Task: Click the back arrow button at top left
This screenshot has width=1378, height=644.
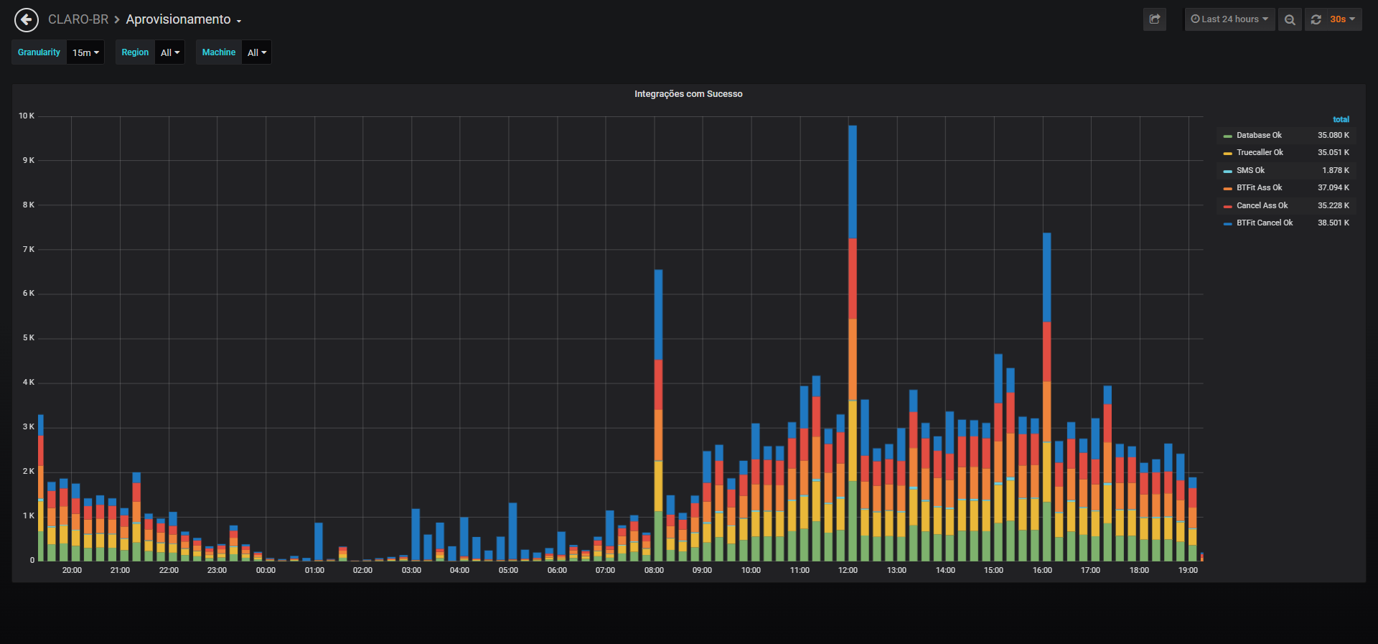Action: click(x=27, y=20)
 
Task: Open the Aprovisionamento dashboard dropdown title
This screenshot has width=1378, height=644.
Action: click(x=183, y=19)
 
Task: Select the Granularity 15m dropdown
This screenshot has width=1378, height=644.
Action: click(x=85, y=52)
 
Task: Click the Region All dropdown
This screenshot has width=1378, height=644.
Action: click(x=170, y=52)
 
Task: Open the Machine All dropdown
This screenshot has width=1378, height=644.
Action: click(x=256, y=52)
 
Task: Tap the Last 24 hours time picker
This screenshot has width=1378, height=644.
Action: click(x=1229, y=19)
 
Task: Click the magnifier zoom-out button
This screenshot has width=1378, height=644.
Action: click(x=1290, y=19)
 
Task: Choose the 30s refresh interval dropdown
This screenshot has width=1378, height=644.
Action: click(x=1341, y=19)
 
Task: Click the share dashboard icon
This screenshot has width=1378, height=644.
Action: click(x=1155, y=19)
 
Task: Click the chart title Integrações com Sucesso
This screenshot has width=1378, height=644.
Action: click(x=688, y=94)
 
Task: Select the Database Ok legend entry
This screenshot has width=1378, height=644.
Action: click(x=1258, y=135)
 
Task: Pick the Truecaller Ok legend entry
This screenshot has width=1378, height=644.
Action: click(x=1259, y=152)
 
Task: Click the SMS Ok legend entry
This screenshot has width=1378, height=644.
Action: click(x=1250, y=170)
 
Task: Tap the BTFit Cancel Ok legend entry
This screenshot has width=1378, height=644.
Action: click(x=1264, y=223)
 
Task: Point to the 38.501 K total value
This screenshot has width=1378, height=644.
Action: click(x=1334, y=223)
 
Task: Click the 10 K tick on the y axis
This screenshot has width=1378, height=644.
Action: click(x=27, y=116)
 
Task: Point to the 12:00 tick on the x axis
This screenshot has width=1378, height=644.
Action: click(x=848, y=570)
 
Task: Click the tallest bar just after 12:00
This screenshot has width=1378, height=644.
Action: click(x=853, y=343)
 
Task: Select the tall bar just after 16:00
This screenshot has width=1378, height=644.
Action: click(x=1047, y=396)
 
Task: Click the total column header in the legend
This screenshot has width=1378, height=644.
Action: click(x=1341, y=119)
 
